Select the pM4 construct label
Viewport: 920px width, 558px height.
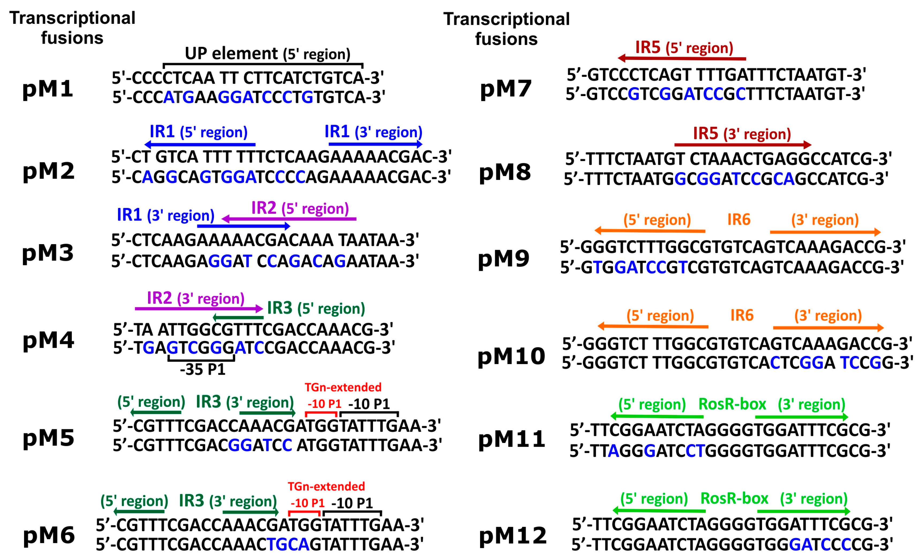48,340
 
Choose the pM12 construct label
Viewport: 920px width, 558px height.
513,536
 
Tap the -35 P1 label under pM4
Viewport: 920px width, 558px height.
203,370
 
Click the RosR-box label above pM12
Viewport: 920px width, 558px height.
734,498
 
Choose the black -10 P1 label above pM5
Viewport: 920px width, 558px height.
369,404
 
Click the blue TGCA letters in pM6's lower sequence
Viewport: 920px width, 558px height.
288,545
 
